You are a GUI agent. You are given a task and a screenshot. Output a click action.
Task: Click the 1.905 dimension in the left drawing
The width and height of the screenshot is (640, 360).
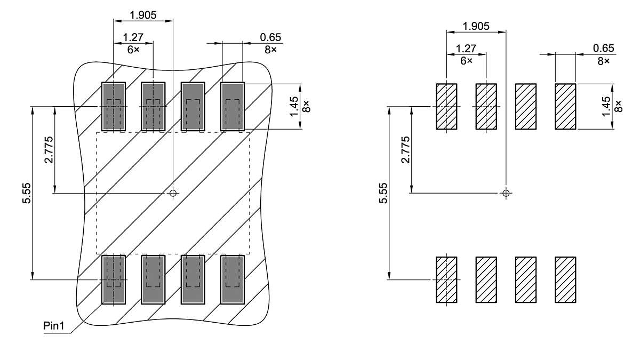pyautogui.click(x=143, y=15)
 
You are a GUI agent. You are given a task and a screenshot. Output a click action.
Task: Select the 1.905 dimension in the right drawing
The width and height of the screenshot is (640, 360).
pyautogui.click(x=476, y=26)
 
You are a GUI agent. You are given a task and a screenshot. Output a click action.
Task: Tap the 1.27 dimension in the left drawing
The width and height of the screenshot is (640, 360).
pyautogui.click(x=133, y=37)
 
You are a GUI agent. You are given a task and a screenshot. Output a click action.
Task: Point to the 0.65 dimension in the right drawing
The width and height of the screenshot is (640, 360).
pyautogui.click(x=603, y=49)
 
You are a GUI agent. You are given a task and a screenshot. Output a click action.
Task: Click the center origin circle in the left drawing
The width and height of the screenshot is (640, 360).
pyautogui.click(x=172, y=193)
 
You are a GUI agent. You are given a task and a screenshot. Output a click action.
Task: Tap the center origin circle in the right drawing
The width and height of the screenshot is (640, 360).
pyautogui.click(x=506, y=193)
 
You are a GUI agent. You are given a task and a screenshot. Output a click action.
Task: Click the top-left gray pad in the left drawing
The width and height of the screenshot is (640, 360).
pyautogui.click(x=113, y=107)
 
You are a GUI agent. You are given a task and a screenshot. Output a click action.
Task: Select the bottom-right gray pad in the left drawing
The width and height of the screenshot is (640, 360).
pyautogui.click(x=233, y=279)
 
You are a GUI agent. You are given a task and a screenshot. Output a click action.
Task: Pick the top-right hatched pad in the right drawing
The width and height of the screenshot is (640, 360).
pyautogui.click(x=565, y=106)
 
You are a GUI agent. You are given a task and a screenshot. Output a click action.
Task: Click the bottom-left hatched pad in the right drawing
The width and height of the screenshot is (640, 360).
pyautogui.click(x=446, y=279)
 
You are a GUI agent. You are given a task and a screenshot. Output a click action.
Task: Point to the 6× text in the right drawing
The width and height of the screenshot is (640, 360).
pyautogui.click(x=467, y=61)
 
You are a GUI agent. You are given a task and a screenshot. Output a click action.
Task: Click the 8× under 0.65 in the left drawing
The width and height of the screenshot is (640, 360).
pyautogui.click(x=270, y=49)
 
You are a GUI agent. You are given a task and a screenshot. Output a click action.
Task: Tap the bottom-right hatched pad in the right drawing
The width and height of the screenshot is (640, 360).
pyautogui.click(x=565, y=279)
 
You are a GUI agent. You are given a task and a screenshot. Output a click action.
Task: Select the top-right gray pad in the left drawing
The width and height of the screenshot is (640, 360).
pyautogui.click(x=233, y=107)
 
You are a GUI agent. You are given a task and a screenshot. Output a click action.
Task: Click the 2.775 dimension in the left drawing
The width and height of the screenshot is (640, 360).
pyautogui.click(x=48, y=150)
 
